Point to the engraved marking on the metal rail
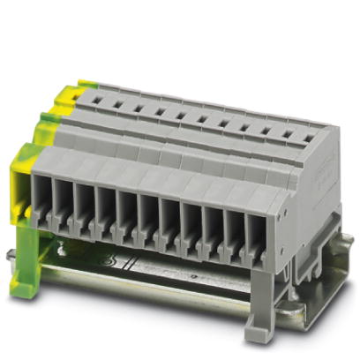click(x=110, y=262)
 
